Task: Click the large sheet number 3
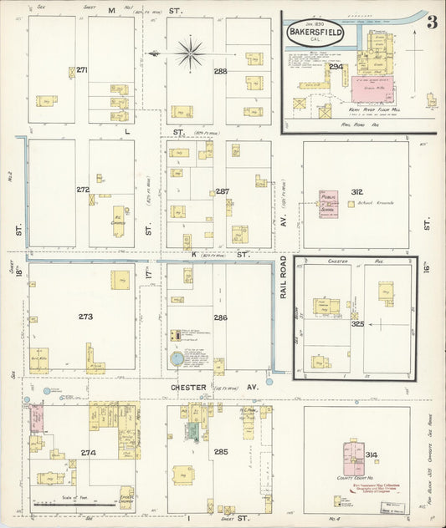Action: pos(432,23)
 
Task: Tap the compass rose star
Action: pos(192,53)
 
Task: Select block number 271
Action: pos(82,70)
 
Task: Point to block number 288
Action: pos(220,72)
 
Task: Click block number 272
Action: pos(83,190)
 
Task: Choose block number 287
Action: pos(222,191)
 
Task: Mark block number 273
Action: pos(85,317)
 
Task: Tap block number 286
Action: pos(220,317)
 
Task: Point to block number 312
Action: pos(357,190)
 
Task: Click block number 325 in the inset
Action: pos(357,323)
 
